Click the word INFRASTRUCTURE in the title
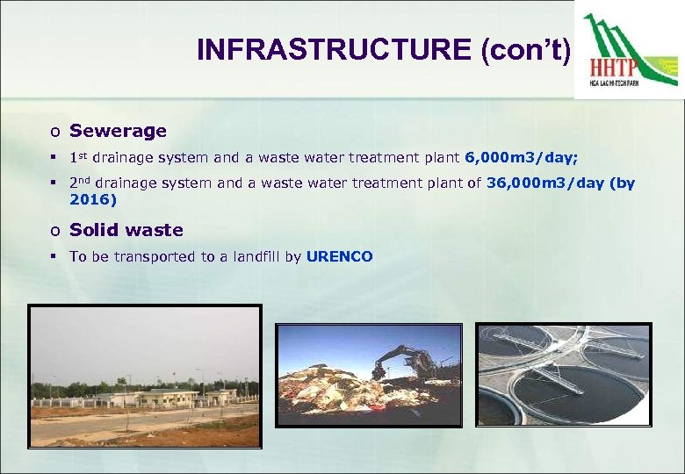pos(335,49)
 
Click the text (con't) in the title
pos(525,49)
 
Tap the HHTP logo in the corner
pos(629,52)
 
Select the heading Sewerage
pos(118,131)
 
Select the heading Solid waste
pos(126,230)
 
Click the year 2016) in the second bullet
pos(93,199)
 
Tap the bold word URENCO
pos(340,256)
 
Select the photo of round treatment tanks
pos(564,375)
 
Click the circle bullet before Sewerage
pos(54,132)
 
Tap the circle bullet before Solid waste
pos(54,231)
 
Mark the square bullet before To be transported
pos(54,256)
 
